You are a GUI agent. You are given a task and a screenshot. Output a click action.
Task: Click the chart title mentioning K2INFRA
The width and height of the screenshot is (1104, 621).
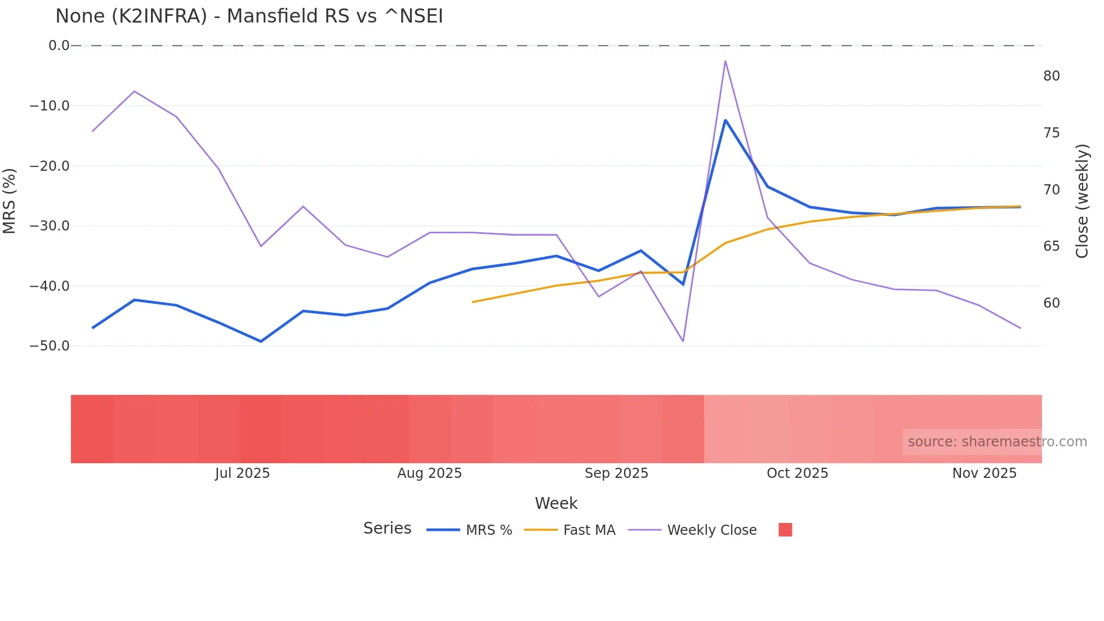pos(249,16)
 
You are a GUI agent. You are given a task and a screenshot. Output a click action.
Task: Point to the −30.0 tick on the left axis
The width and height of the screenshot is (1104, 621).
pos(50,226)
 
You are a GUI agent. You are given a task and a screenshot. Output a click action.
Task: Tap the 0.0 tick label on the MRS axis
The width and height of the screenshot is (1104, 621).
pos(59,46)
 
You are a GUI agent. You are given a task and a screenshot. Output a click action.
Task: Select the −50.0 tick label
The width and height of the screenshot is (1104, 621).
pos(50,346)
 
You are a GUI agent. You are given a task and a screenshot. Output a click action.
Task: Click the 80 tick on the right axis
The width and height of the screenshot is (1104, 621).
pos(1052,76)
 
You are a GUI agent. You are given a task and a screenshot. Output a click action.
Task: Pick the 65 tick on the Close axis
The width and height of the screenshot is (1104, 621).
pos(1052,246)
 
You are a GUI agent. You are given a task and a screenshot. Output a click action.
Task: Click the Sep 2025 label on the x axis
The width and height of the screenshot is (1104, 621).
pos(616,473)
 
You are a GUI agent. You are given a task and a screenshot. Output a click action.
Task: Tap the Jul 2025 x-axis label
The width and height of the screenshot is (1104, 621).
pos(242,473)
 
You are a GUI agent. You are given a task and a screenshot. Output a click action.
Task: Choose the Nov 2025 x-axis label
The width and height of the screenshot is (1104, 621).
pos(984,473)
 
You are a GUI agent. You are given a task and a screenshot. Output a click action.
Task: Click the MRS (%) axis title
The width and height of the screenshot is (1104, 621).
pos(10,201)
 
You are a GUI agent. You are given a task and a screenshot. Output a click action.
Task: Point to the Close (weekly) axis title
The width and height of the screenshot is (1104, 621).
pos(1082,201)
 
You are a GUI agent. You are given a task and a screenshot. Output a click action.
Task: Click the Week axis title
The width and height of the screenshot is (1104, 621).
pos(556,503)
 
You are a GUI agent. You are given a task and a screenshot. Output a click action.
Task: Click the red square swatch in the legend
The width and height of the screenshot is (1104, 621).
pos(785,530)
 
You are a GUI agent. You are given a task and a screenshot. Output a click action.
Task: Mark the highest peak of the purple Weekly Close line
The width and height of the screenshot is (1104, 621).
pos(725,61)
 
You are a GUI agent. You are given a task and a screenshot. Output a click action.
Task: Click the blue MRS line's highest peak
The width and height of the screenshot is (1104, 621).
pos(725,120)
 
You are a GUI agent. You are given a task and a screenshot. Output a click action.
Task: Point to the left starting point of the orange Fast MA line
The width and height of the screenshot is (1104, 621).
pos(473,302)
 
